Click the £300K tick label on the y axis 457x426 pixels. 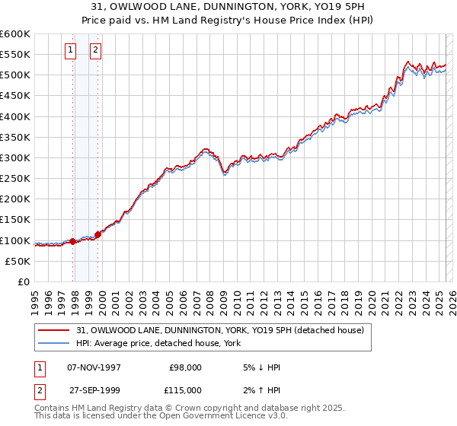tap(15, 157)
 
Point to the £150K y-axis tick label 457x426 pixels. tap(15, 219)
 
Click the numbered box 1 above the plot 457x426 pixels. tap(70, 51)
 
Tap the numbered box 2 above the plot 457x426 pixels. tap(95, 51)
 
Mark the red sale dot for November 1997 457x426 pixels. tap(73, 241)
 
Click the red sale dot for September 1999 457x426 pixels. tap(98, 234)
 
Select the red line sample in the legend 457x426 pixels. tap(53, 331)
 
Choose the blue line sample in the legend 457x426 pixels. tap(53, 344)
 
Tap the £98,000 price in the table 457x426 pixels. tap(185, 367)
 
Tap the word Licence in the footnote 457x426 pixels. tap(233, 416)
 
